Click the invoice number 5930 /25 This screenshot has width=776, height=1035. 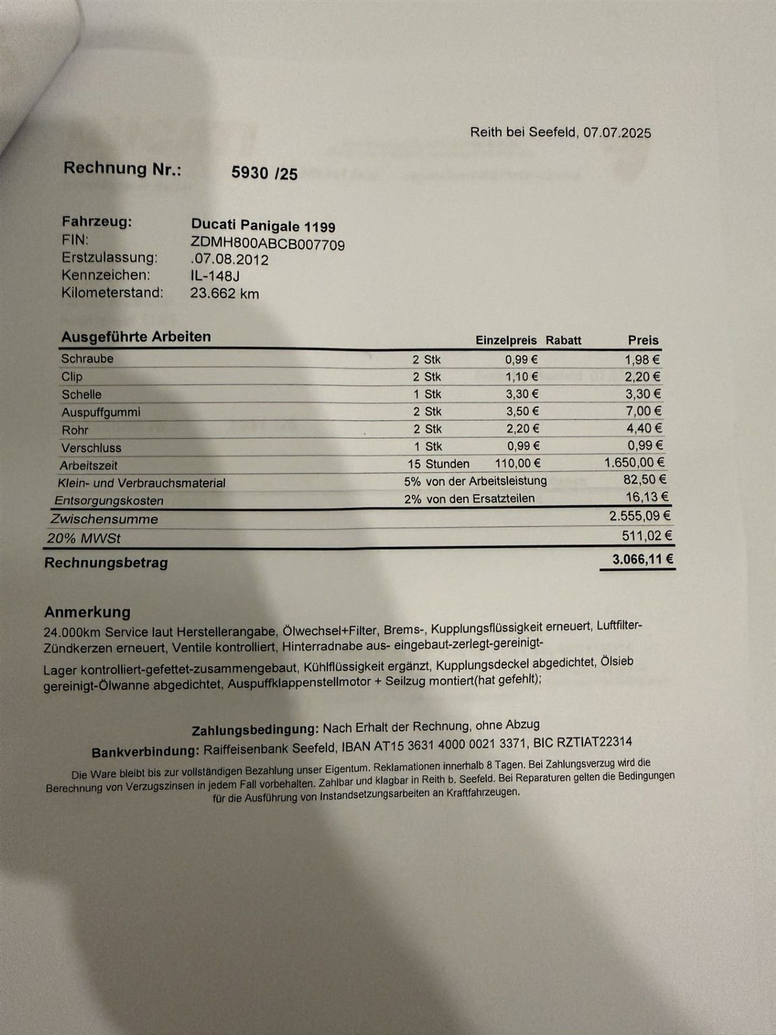tap(264, 173)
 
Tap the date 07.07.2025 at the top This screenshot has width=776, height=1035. tap(617, 133)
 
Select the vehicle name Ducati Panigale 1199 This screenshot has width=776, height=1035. tap(263, 226)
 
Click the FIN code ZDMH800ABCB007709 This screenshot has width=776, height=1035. tap(268, 244)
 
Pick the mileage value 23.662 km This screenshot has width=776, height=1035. tap(225, 293)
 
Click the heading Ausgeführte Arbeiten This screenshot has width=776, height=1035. tap(136, 336)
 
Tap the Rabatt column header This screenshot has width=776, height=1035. tap(563, 340)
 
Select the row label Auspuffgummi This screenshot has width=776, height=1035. tap(101, 412)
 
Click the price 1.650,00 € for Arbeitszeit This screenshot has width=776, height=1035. tap(635, 462)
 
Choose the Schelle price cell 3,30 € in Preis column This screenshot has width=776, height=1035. tap(643, 394)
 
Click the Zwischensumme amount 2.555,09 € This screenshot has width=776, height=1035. tap(639, 516)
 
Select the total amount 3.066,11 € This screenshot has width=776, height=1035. tap(643, 559)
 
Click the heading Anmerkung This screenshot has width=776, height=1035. tap(88, 612)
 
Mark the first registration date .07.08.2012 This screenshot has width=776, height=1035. tap(230, 259)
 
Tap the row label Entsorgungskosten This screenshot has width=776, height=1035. tap(109, 501)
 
